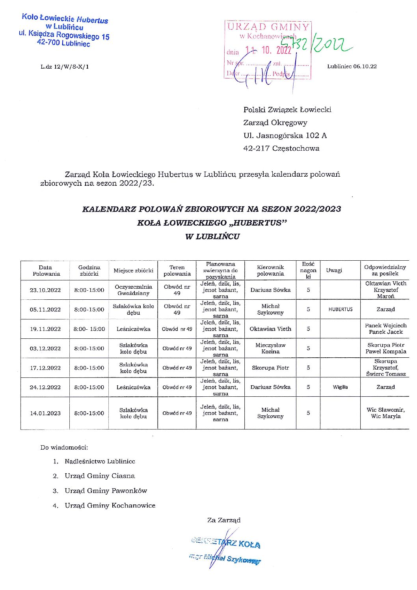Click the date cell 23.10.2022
tap(45, 290)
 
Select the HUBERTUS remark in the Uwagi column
tap(340, 310)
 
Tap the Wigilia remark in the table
tap(340, 387)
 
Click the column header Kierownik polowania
tap(270, 271)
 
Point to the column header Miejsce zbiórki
tap(133, 271)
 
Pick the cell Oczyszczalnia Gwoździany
tap(133, 290)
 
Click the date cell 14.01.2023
tap(45, 413)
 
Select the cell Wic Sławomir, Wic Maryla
tap(385, 413)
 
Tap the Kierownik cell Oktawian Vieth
tap(270, 329)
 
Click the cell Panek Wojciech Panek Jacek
tap(385, 329)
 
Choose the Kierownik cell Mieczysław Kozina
tap(270, 348)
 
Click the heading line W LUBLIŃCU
tap(212, 237)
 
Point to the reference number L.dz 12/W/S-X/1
tap(65, 67)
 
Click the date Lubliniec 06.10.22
tap(352, 66)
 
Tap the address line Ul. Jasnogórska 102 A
tap(285, 136)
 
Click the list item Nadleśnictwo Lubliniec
tap(100, 461)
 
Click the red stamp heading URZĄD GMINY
tap(268, 27)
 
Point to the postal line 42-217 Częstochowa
tap(281, 149)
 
